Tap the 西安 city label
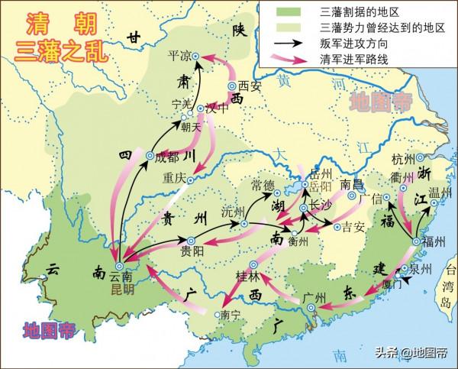(249, 86)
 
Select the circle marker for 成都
(150, 157)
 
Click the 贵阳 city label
(192, 250)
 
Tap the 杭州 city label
(402, 159)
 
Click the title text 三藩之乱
(54, 50)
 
